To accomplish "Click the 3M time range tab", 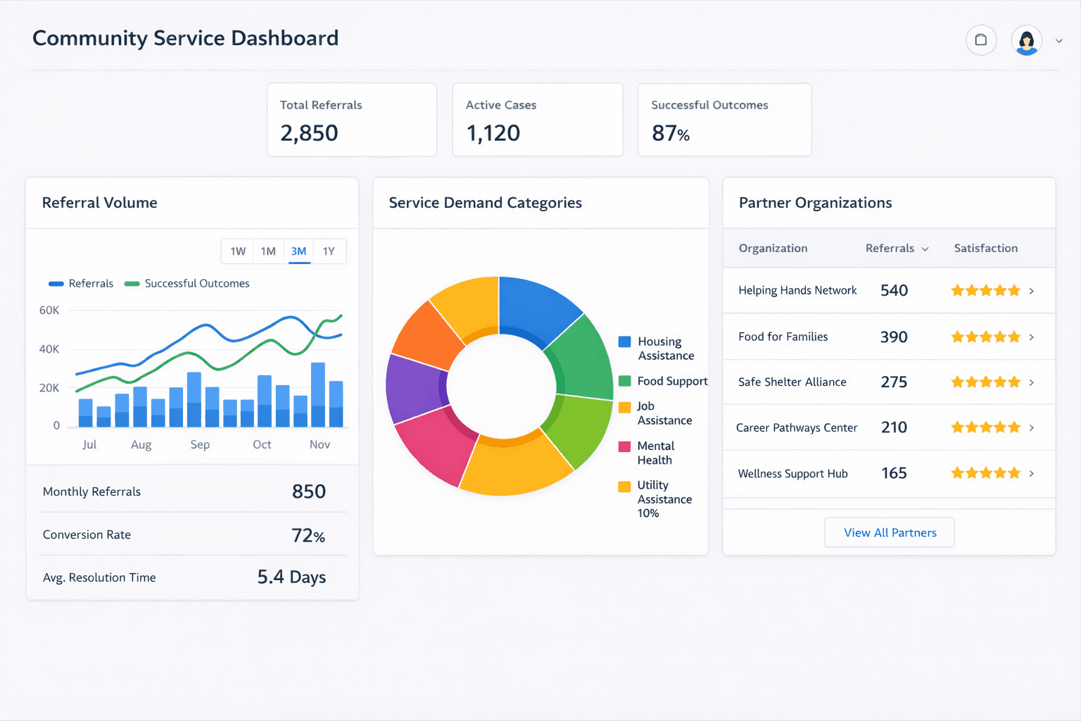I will (x=299, y=251).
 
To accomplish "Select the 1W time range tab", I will (x=238, y=251).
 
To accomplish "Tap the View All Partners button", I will (x=890, y=532).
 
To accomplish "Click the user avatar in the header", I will (x=1026, y=41).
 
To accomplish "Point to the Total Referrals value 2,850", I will (x=309, y=133).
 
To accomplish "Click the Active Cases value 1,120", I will (x=493, y=133).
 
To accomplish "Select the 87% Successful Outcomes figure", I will (x=670, y=133).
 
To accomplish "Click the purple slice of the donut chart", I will (x=413, y=387).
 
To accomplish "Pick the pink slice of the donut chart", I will (x=433, y=444).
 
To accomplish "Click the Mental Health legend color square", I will (x=624, y=446).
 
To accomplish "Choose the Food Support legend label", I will (x=672, y=381).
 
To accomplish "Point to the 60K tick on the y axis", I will (x=49, y=311).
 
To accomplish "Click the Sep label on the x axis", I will (x=200, y=444).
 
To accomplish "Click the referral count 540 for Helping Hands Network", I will (x=894, y=290).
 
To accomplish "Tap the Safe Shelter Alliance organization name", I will (x=792, y=382).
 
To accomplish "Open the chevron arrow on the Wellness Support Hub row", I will (x=1031, y=473).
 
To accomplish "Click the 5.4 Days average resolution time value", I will (x=291, y=577).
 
